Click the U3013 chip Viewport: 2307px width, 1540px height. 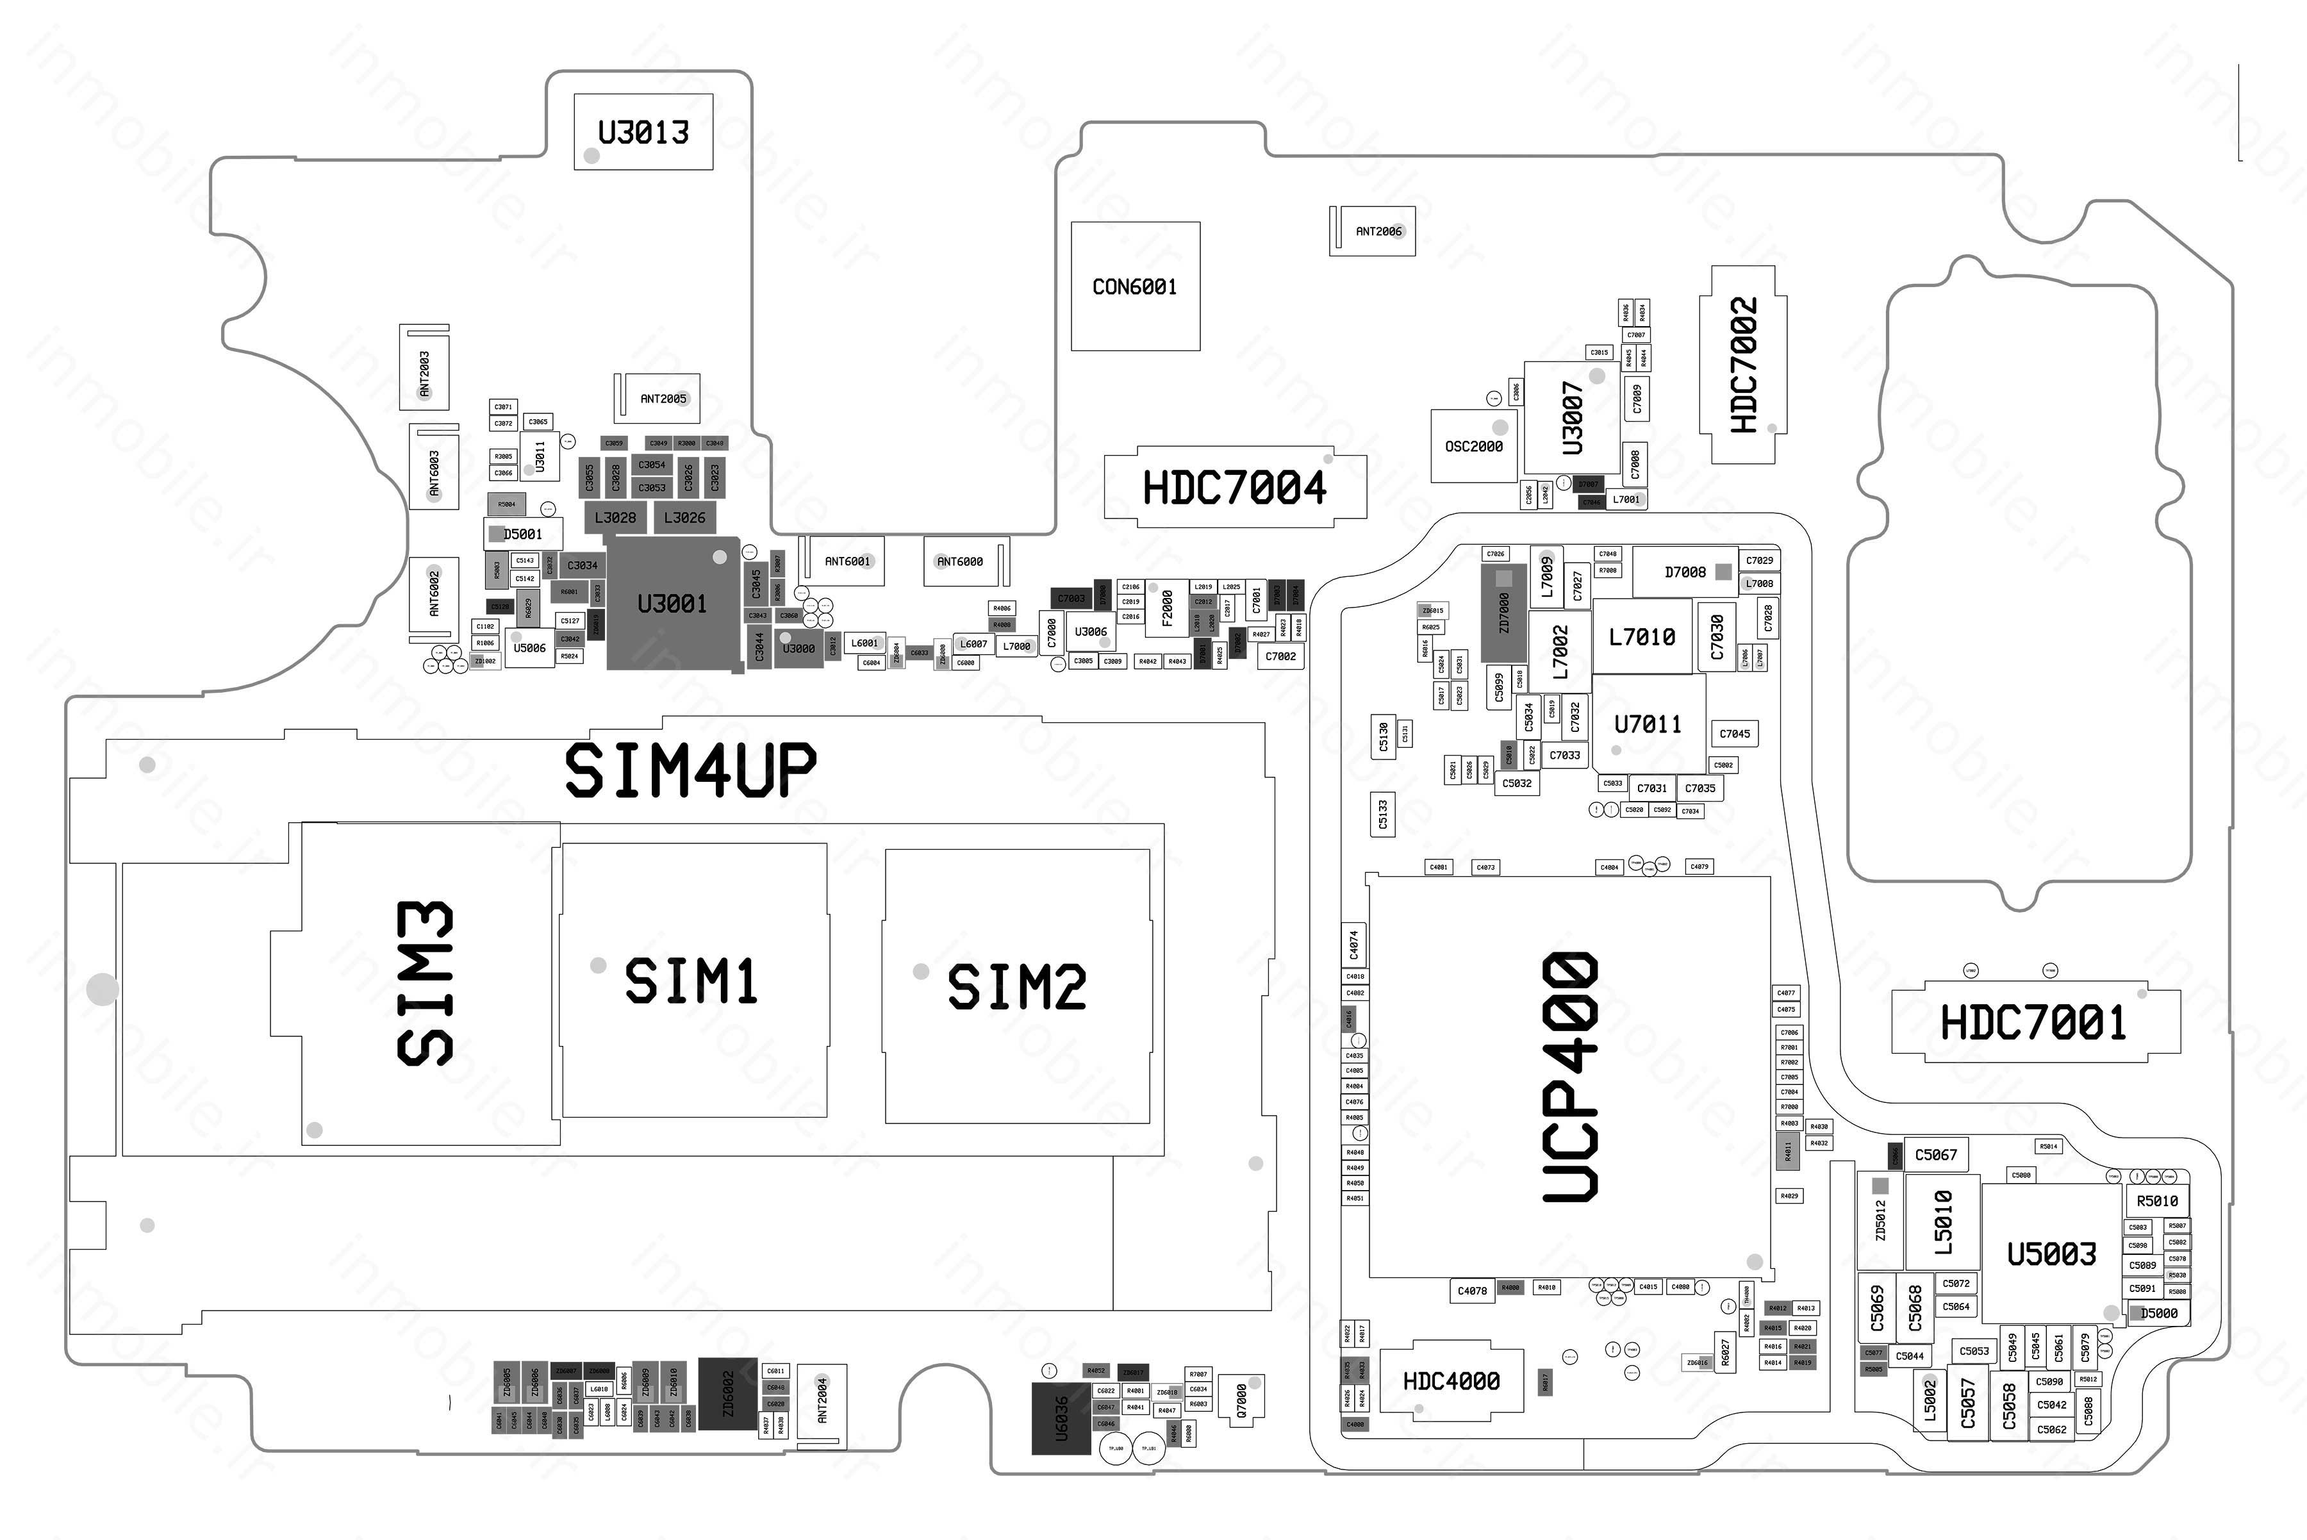643,131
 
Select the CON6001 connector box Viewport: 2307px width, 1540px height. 1134,286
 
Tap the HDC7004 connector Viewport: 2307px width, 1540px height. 1234,487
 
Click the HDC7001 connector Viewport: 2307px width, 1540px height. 2034,1022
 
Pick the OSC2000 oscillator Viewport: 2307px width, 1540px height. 1473,446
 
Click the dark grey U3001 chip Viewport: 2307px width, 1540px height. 672,603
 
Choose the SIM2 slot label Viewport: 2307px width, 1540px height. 1016,986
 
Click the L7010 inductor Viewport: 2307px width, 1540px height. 1642,636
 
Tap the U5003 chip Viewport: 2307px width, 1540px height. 2051,1254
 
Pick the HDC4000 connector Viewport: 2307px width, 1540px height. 1451,1381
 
